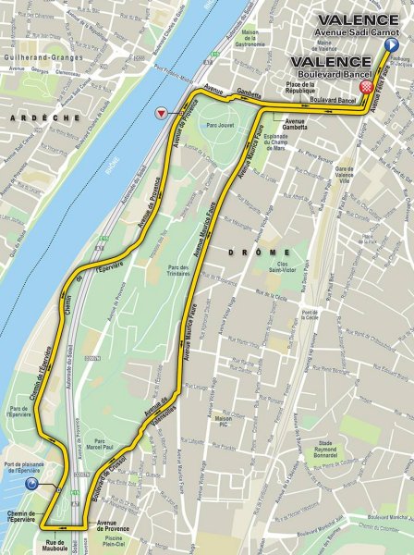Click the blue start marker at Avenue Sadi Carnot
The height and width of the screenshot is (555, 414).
(x=391, y=44)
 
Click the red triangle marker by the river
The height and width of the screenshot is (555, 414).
(x=163, y=113)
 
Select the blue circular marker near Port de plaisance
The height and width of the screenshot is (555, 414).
(x=31, y=483)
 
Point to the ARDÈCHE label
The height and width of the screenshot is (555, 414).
(x=30, y=119)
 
